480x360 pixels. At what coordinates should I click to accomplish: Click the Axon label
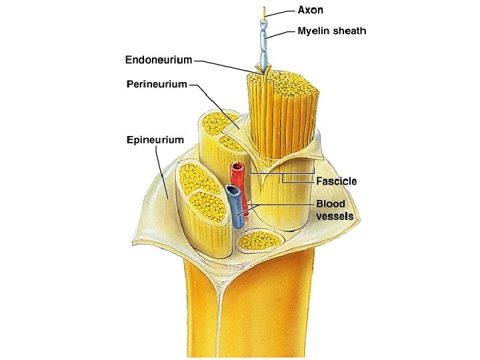pyautogui.click(x=310, y=10)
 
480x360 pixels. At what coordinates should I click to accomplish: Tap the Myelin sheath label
pyautogui.click(x=331, y=31)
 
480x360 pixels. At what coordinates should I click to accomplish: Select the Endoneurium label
pyautogui.click(x=159, y=60)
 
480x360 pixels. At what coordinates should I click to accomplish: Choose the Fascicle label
pyautogui.click(x=336, y=181)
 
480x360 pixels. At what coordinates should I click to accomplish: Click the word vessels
pyautogui.click(x=335, y=216)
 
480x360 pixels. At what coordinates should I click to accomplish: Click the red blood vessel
pyautogui.click(x=237, y=177)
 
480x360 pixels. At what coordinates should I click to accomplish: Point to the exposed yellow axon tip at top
pyautogui.click(x=266, y=13)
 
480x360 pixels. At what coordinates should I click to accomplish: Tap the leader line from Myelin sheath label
pyautogui.click(x=283, y=32)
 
